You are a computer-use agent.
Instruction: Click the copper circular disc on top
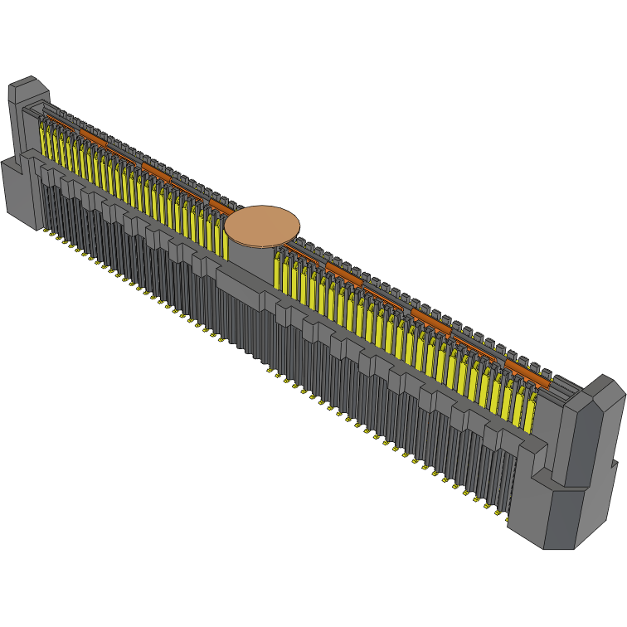262,225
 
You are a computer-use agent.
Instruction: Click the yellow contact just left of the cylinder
221,237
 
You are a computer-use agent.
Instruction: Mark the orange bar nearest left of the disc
221,205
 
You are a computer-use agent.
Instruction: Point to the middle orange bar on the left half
156,171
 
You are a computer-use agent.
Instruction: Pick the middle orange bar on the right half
430,320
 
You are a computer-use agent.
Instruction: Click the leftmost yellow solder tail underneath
46,231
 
